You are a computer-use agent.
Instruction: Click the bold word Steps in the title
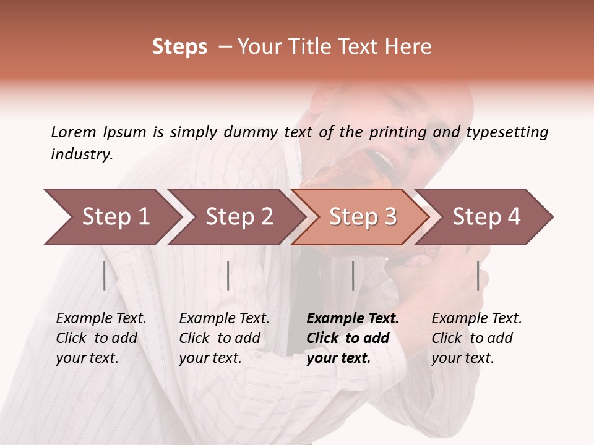[179, 47]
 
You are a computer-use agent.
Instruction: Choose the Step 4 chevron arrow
[486, 216]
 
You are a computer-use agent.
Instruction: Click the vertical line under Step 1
[105, 276]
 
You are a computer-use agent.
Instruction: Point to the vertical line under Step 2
[228, 276]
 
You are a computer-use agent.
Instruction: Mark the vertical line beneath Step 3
[353, 276]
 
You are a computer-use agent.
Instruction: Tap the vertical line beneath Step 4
[478, 276]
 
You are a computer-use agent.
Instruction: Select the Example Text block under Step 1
[101, 338]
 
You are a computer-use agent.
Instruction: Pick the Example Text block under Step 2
[224, 338]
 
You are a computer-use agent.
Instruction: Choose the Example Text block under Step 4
[476, 338]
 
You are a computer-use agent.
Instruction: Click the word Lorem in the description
[73, 132]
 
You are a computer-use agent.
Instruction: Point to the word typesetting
[507, 132]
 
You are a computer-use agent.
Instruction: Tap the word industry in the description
[82, 155]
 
